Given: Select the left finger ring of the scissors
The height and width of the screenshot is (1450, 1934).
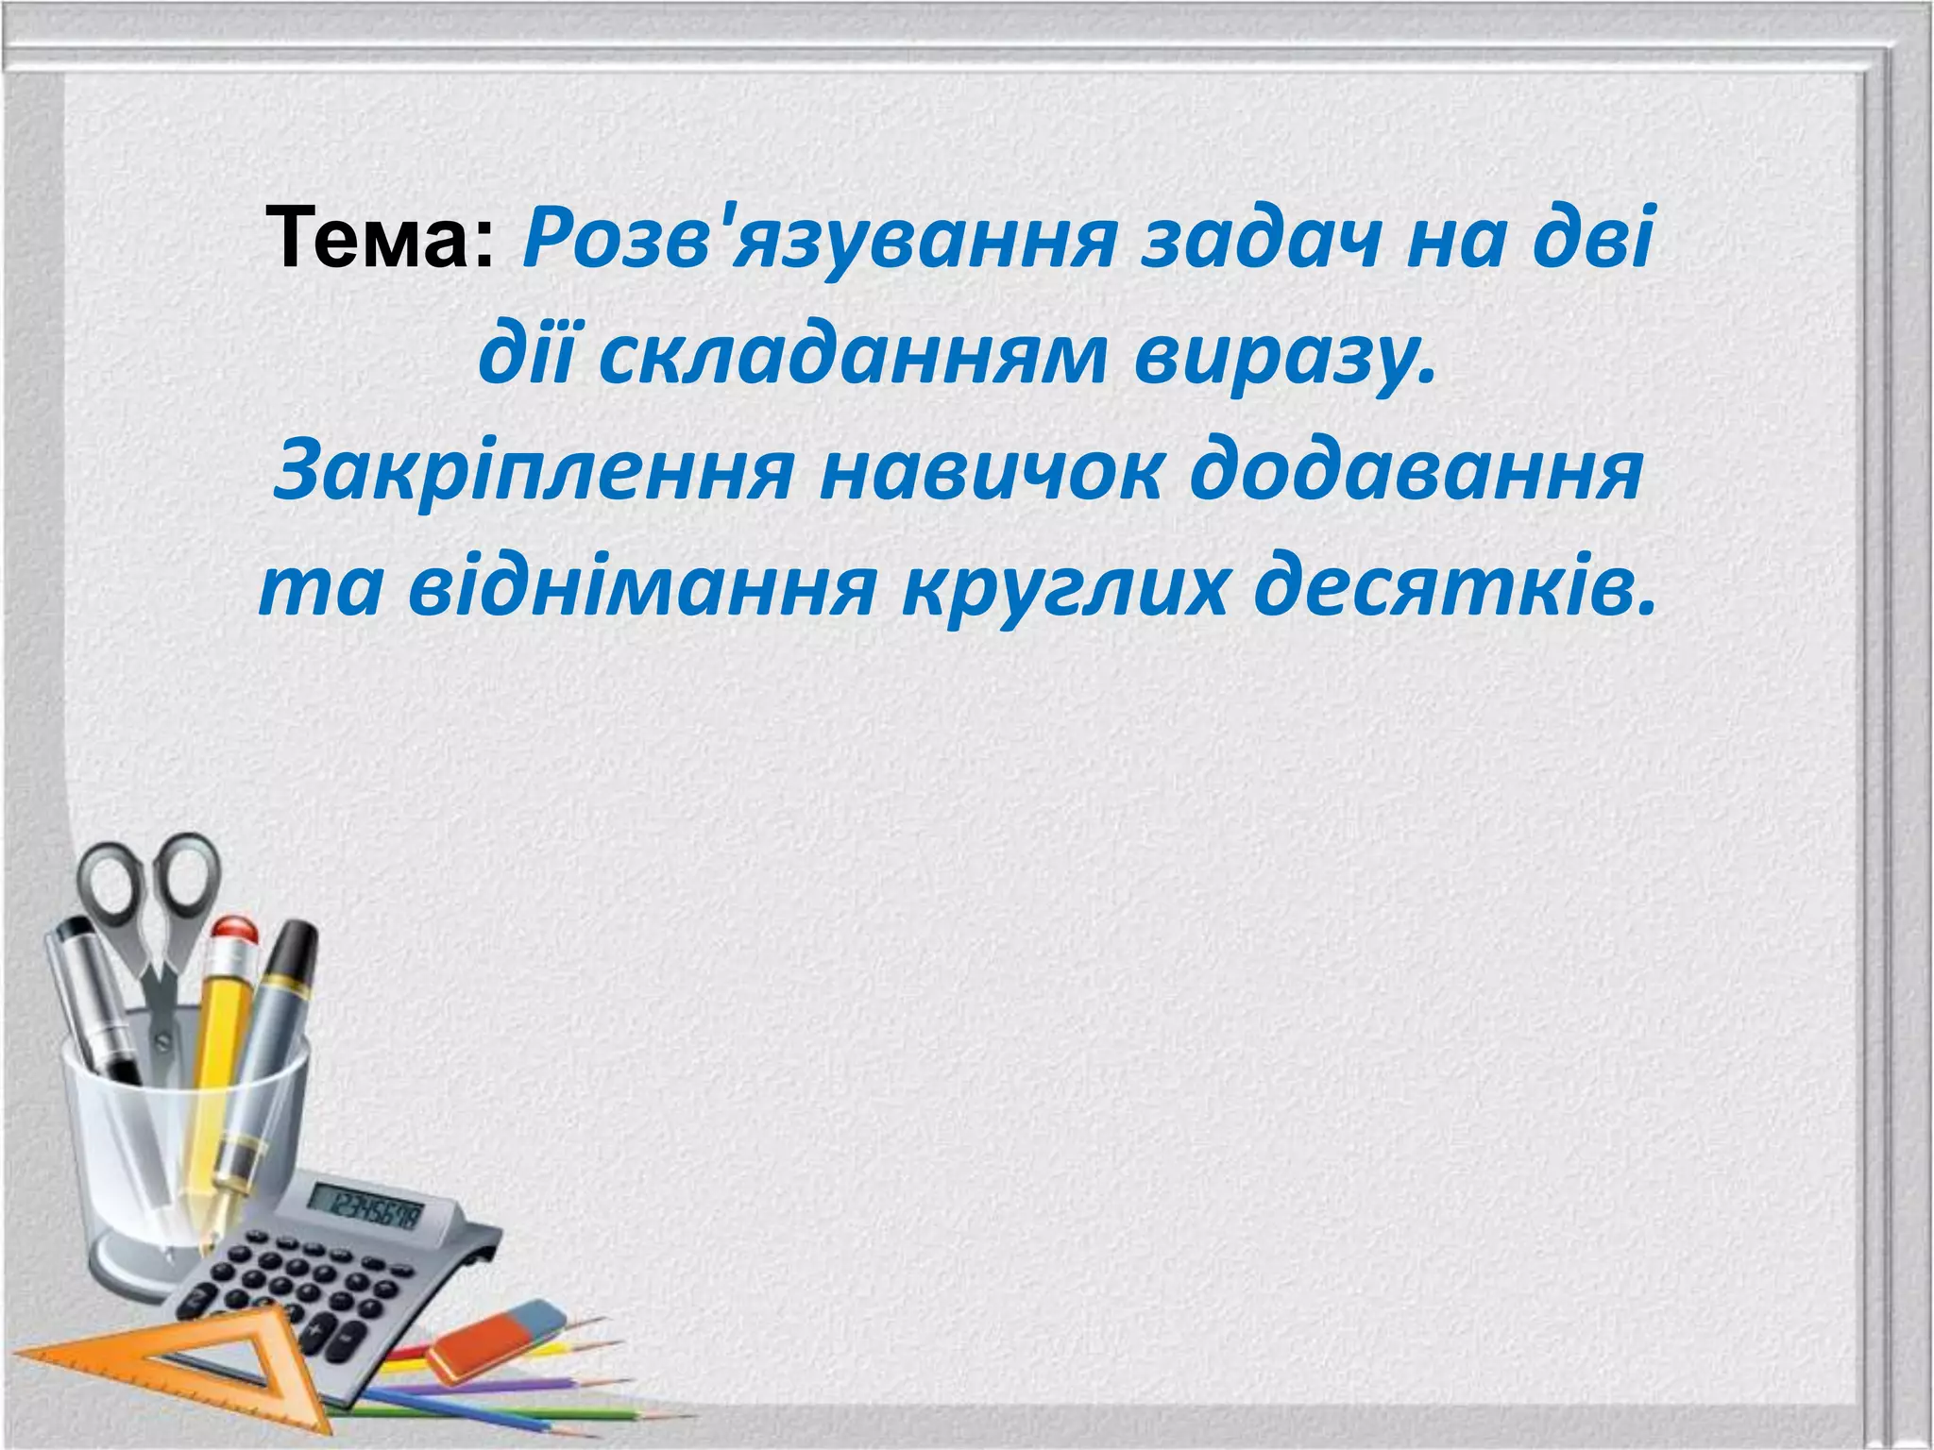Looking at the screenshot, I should (x=110, y=886).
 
